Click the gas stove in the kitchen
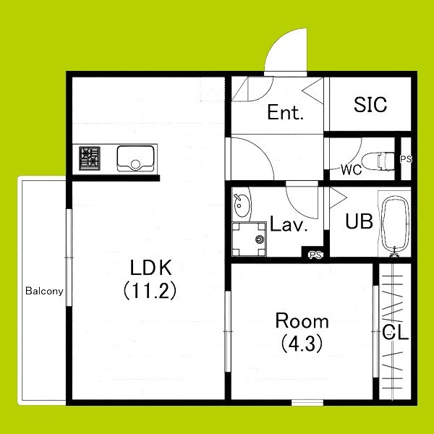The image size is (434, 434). pyautogui.click(x=90, y=158)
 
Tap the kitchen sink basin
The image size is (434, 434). pyautogui.click(x=135, y=158)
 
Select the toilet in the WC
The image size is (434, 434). pyautogui.click(x=378, y=161)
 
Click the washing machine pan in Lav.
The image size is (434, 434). pyautogui.click(x=249, y=239)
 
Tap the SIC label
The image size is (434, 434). pyautogui.click(x=370, y=104)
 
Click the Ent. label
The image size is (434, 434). pyautogui.click(x=285, y=112)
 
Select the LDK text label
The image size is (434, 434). pyautogui.click(x=151, y=268)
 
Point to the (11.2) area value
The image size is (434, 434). pyautogui.click(x=150, y=291)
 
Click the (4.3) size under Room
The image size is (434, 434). pyautogui.click(x=302, y=344)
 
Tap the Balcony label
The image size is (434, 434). pyautogui.click(x=44, y=291)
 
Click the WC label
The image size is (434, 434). pyautogui.click(x=352, y=170)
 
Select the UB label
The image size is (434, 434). pyautogui.click(x=359, y=221)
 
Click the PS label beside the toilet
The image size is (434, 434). pyautogui.click(x=406, y=159)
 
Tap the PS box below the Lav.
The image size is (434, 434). pyautogui.click(x=315, y=255)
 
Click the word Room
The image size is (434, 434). pyautogui.click(x=302, y=320)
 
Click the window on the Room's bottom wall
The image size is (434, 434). pyautogui.click(x=307, y=403)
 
